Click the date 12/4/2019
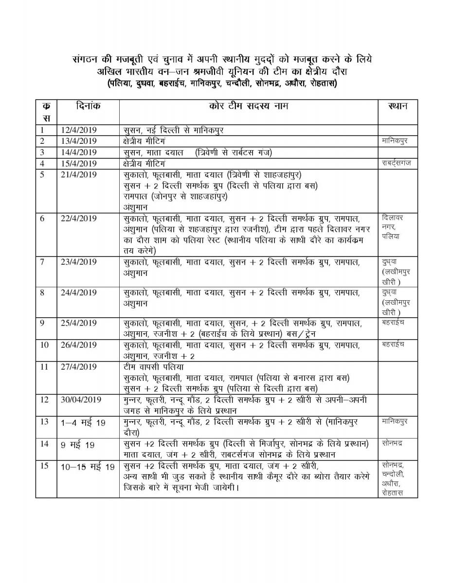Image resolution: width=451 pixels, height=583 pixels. [79, 130]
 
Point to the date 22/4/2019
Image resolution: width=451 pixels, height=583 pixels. [79, 219]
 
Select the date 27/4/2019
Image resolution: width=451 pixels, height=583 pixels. [79, 367]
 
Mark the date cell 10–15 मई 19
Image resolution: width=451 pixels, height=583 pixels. [88, 467]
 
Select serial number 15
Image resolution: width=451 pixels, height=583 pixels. [44, 466]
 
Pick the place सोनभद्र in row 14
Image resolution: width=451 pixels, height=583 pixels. [393, 444]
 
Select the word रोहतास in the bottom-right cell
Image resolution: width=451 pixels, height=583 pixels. [393, 493]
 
